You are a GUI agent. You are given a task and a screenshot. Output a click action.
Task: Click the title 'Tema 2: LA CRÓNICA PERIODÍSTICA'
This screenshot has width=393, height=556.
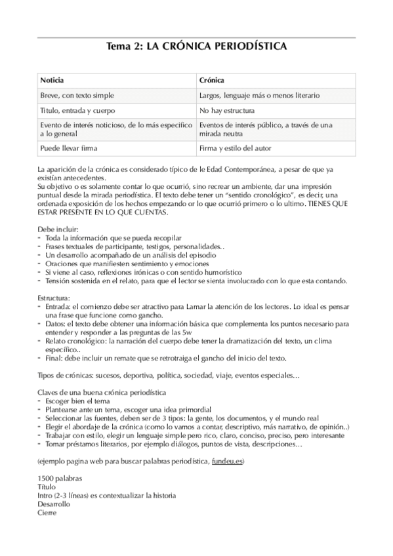[x=196, y=47]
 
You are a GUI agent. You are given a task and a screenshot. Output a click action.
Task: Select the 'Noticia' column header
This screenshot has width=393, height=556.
[x=52, y=80]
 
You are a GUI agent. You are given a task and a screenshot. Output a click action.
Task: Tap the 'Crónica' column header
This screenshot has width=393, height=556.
[x=212, y=80]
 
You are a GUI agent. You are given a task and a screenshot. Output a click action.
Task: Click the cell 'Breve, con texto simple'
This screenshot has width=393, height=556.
[x=77, y=96]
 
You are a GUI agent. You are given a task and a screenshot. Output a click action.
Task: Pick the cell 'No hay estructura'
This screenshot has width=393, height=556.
[x=227, y=110]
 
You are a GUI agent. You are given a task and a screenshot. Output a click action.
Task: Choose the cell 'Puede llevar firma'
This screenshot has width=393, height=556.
[x=68, y=148]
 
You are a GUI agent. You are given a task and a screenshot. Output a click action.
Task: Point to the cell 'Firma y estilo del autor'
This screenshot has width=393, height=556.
[x=236, y=148]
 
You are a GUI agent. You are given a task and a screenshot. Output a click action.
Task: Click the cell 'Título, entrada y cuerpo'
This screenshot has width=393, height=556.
[x=77, y=110]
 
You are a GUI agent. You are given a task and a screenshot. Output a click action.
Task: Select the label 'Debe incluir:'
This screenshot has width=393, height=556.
[x=58, y=229]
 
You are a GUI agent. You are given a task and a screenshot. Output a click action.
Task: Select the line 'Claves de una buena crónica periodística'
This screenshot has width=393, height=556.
[x=102, y=392]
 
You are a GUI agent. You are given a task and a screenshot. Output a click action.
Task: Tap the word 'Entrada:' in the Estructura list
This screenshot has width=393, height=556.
[x=58, y=306]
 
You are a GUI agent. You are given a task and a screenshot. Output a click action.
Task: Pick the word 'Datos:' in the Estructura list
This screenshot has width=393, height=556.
[x=56, y=323]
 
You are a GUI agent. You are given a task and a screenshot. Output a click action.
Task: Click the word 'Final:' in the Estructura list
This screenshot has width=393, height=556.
[x=55, y=357]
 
